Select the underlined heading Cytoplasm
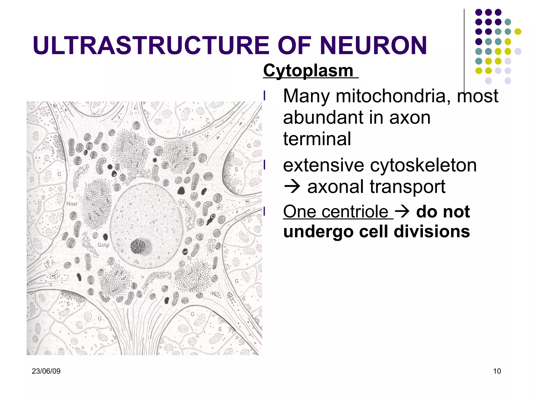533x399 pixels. [308, 70]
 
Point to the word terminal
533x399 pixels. [317, 139]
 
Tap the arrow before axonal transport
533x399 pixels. [292, 187]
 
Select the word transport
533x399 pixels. [407, 187]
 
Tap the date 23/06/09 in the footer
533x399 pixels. [46, 371]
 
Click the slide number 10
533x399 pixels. [497, 371]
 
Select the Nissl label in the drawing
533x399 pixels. [72, 204]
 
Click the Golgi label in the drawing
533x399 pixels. [103, 245]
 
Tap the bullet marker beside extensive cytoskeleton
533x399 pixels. [264, 165]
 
